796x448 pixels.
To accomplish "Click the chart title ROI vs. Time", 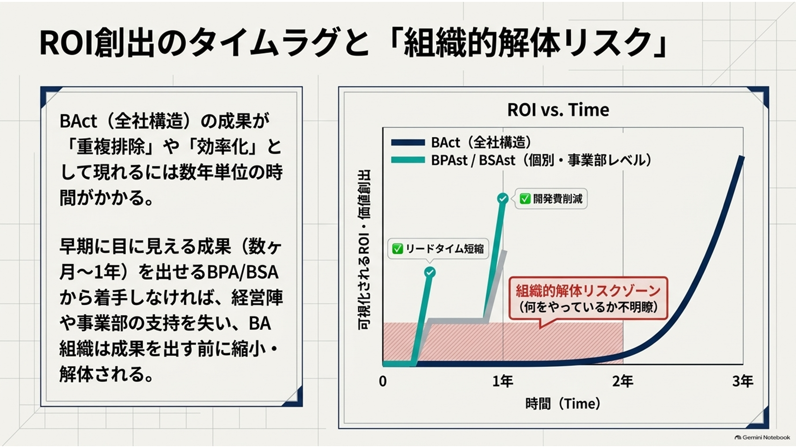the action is pyautogui.click(x=558, y=110).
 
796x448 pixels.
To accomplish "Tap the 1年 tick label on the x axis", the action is pyautogui.click(x=503, y=382).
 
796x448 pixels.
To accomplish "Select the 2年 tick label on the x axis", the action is pyautogui.click(x=623, y=382).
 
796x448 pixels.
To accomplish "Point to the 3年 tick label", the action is pyautogui.click(x=743, y=382).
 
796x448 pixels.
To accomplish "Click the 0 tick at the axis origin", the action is pyautogui.click(x=383, y=382).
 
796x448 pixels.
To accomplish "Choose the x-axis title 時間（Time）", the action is pyautogui.click(x=563, y=404).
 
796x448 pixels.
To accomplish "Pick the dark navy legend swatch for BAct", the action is pyautogui.click(x=408, y=143).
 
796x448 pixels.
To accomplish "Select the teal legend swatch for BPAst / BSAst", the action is pyautogui.click(x=408, y=161).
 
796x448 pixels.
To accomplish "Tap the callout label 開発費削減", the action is pyautogui.click(x=558, y=199).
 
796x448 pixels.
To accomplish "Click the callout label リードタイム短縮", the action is pyautogui.click(x=444, y=249).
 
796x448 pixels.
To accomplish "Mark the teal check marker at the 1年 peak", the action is pyautogui.click(x=503, y=198).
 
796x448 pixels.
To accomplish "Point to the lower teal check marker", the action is pyautogui.click(x=430, y=273).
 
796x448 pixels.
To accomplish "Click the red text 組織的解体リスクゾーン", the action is pyautogui.click(x=588, y=291).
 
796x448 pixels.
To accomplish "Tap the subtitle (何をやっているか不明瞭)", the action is pyautogui.click(x=588, y=307).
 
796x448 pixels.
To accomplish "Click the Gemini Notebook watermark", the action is pyautogui.click(x=762, y=438).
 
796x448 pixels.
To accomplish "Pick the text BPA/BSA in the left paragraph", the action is pyautogui.click(x=242, y=273).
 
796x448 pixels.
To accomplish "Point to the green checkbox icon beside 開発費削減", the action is pyautogui.click(x=525, y=199).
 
